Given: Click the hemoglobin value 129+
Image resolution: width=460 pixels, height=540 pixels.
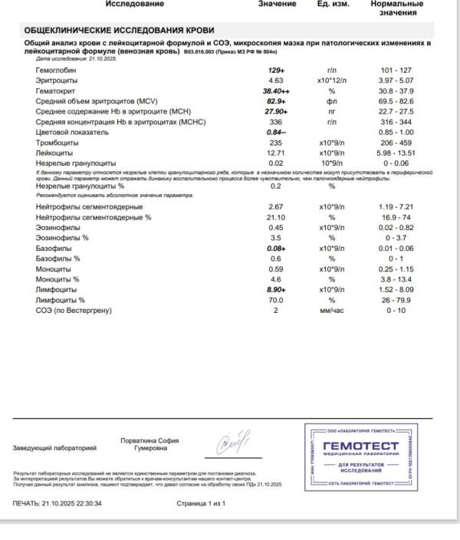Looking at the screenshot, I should (276, 70).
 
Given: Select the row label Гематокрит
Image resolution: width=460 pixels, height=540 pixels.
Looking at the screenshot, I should (57, 91).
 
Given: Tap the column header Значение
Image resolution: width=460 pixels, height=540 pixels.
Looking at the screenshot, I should (276, 5).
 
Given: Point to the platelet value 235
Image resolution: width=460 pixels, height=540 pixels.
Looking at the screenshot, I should (276, 143).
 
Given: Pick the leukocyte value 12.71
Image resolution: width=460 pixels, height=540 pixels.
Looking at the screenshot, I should (276, 153).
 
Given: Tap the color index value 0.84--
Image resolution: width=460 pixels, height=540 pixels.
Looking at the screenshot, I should (276, 132).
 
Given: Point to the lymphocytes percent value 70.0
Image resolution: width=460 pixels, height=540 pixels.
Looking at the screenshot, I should (276, 300).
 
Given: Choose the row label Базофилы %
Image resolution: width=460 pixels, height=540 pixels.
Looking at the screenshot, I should (58, 258).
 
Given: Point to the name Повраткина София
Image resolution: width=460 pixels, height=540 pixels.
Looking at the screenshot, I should (149, 440).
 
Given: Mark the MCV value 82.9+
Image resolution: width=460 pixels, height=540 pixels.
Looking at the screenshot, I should (276, 101).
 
